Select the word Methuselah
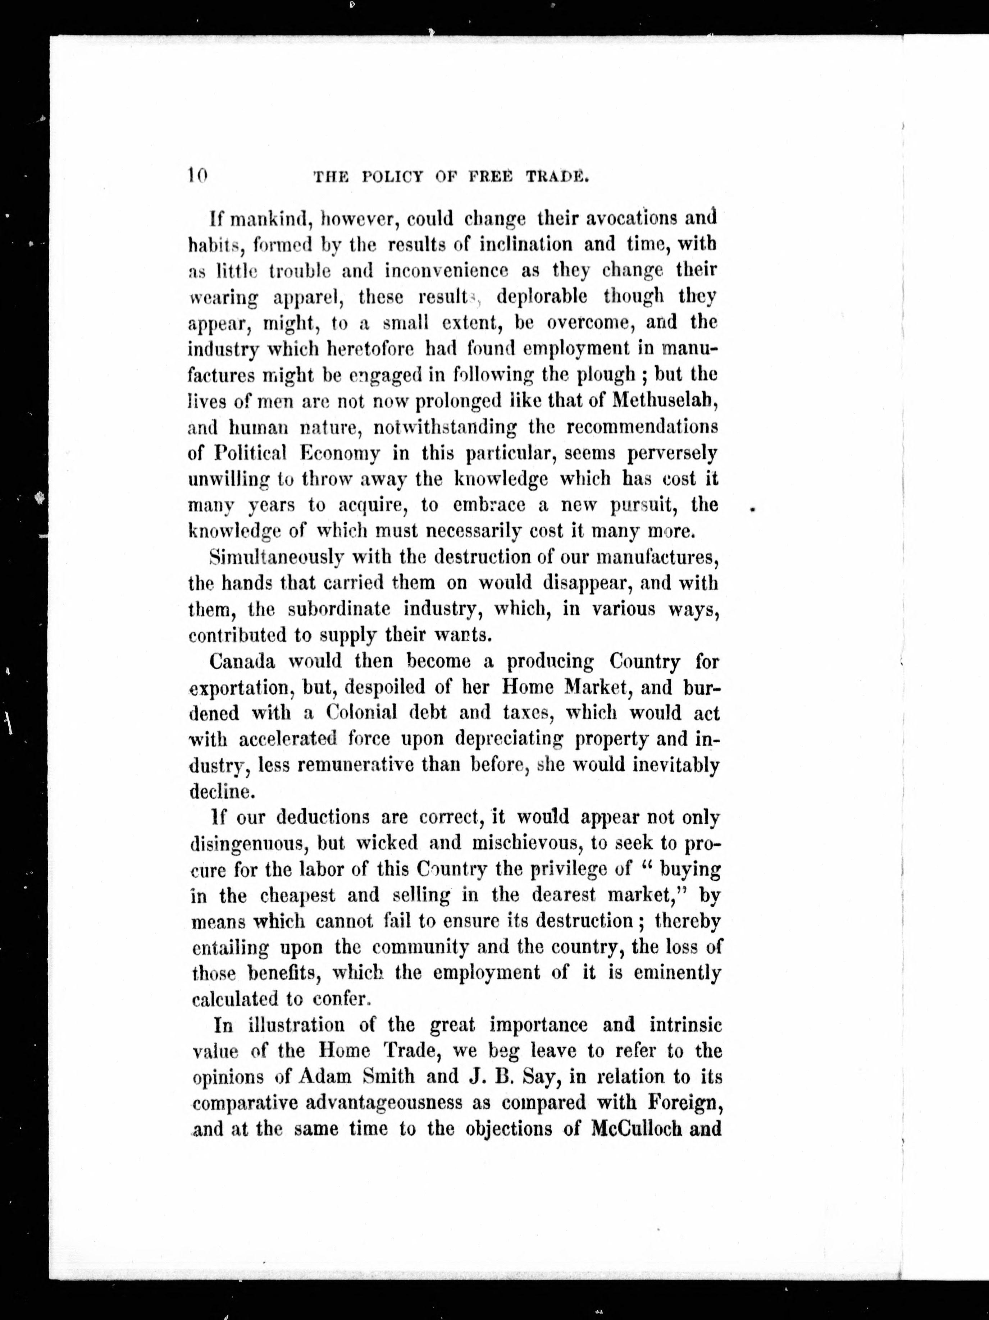click(x=665, y=401)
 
